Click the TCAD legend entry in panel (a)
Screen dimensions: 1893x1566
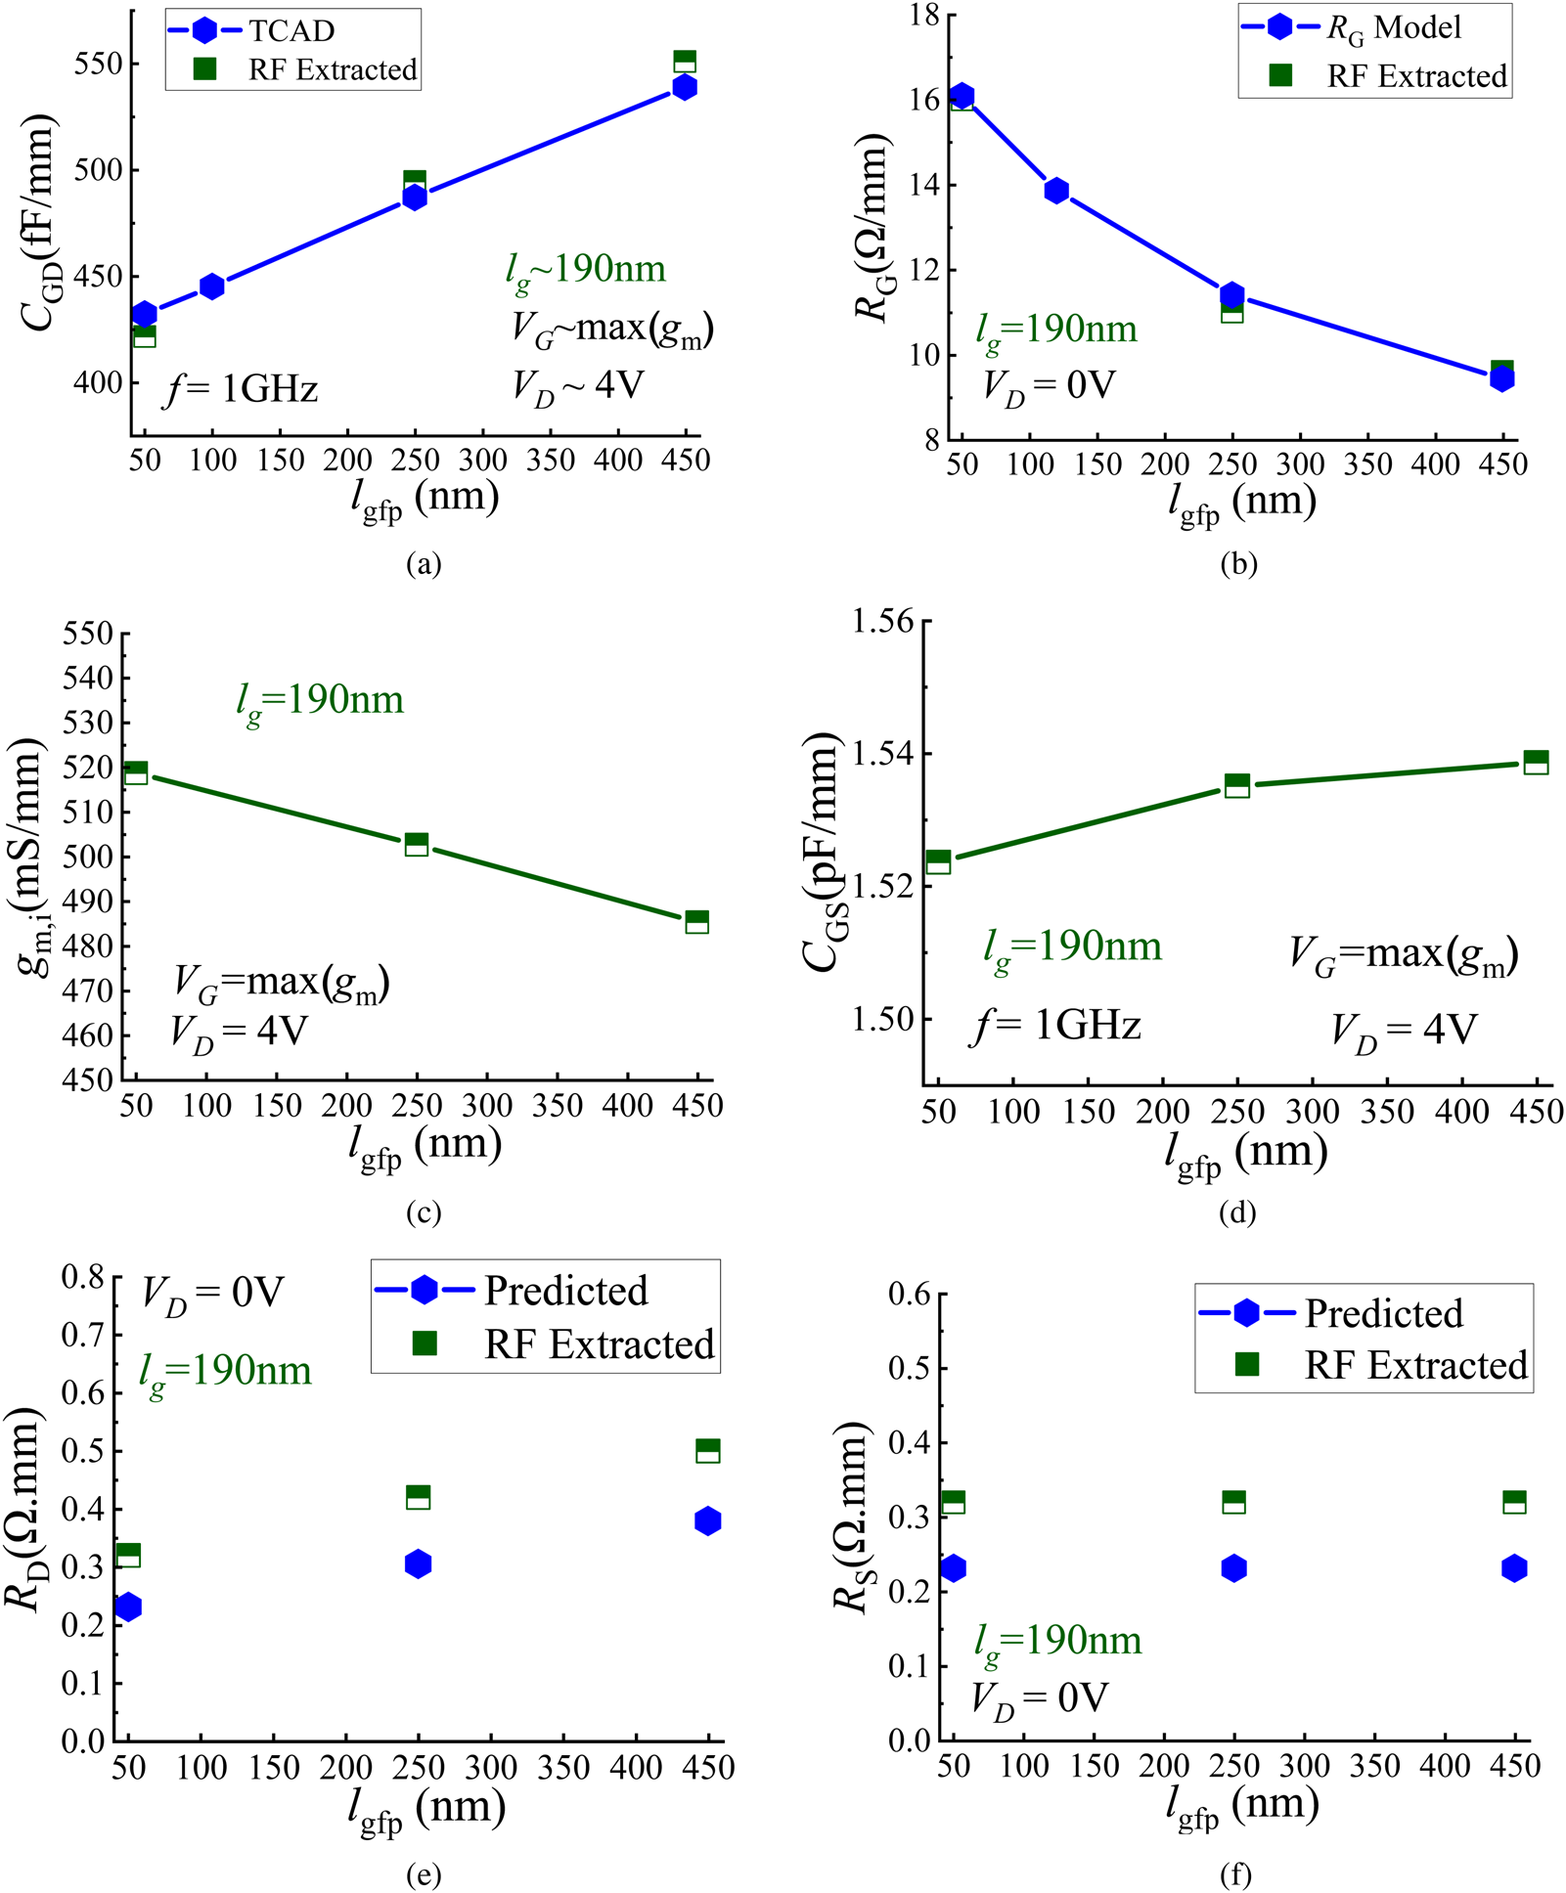(x=291, y=31)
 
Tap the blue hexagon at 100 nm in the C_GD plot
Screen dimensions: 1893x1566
(x=212, y=286)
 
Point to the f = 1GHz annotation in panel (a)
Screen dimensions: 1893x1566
(x=242, y=389)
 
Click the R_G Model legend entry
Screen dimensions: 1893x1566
(x=1393, y=28)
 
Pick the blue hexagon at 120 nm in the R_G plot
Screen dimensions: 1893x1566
(x=1056, y=191)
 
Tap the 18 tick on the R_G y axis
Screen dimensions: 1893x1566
(x=923, y=16)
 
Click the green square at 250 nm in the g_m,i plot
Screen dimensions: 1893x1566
(x=417, y=844)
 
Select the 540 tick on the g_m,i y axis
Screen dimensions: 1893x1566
(x=88, y=678)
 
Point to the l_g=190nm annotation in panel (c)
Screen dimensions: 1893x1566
(x=320, y=701)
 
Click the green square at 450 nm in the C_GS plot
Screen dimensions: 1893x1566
(x=1536, y=762)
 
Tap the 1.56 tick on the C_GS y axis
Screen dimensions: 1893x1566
(x=882, y=621)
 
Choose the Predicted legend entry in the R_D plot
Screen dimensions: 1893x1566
(x=564, y=1291)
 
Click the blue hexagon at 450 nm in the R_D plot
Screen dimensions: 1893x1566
(x=708, y=1520)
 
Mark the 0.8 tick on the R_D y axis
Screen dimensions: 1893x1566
(x=82, y=1277)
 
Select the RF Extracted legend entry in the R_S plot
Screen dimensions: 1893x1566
(x=1415, y=1365)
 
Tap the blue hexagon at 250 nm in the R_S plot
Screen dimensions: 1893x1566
(x=1234, y=1568)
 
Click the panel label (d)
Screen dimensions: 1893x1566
(x=1237, y=1213)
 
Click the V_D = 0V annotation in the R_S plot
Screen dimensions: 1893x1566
(x=1039, y=1698)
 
